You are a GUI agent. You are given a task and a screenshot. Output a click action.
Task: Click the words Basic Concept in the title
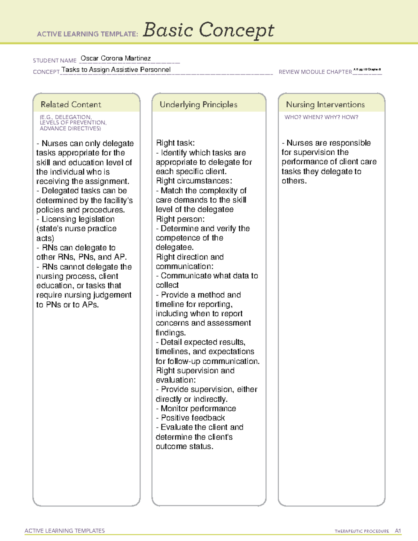coord(208,31)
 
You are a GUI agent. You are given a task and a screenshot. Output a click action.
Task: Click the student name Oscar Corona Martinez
coord(116,58)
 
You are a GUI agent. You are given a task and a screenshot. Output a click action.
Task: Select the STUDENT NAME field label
coord(55,61)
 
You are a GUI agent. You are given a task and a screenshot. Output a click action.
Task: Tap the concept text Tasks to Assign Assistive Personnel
coord(116,70)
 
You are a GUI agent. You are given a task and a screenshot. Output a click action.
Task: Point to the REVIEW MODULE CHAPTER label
coord(315,72)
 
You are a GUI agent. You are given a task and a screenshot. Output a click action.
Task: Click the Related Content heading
coord(71,105)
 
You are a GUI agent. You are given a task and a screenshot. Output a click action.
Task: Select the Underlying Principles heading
coord(199,105)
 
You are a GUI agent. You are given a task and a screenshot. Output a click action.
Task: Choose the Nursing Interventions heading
coord(325,105)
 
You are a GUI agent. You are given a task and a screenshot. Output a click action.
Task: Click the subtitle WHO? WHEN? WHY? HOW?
coord(321,117)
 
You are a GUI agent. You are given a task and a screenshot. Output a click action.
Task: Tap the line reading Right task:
coord(175,143)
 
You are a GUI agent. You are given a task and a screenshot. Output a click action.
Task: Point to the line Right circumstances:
coord(194,181)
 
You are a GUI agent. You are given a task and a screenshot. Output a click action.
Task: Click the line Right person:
coord(180,219)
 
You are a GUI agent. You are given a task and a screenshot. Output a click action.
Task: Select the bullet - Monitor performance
coord(196,408)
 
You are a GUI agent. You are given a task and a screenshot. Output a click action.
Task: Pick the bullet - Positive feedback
coord(190,418)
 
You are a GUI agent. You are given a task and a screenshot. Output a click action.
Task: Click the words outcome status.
coord(184,446)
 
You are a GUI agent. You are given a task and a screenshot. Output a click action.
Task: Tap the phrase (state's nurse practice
coord(76,229)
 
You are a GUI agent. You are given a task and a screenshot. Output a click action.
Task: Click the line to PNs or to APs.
coord(68,304)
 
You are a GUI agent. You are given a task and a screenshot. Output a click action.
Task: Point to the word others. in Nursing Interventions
coord(294,181)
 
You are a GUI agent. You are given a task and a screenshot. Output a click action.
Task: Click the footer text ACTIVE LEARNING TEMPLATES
coord(65,531)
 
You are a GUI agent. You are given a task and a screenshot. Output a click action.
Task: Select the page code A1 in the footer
coord(398,531)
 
